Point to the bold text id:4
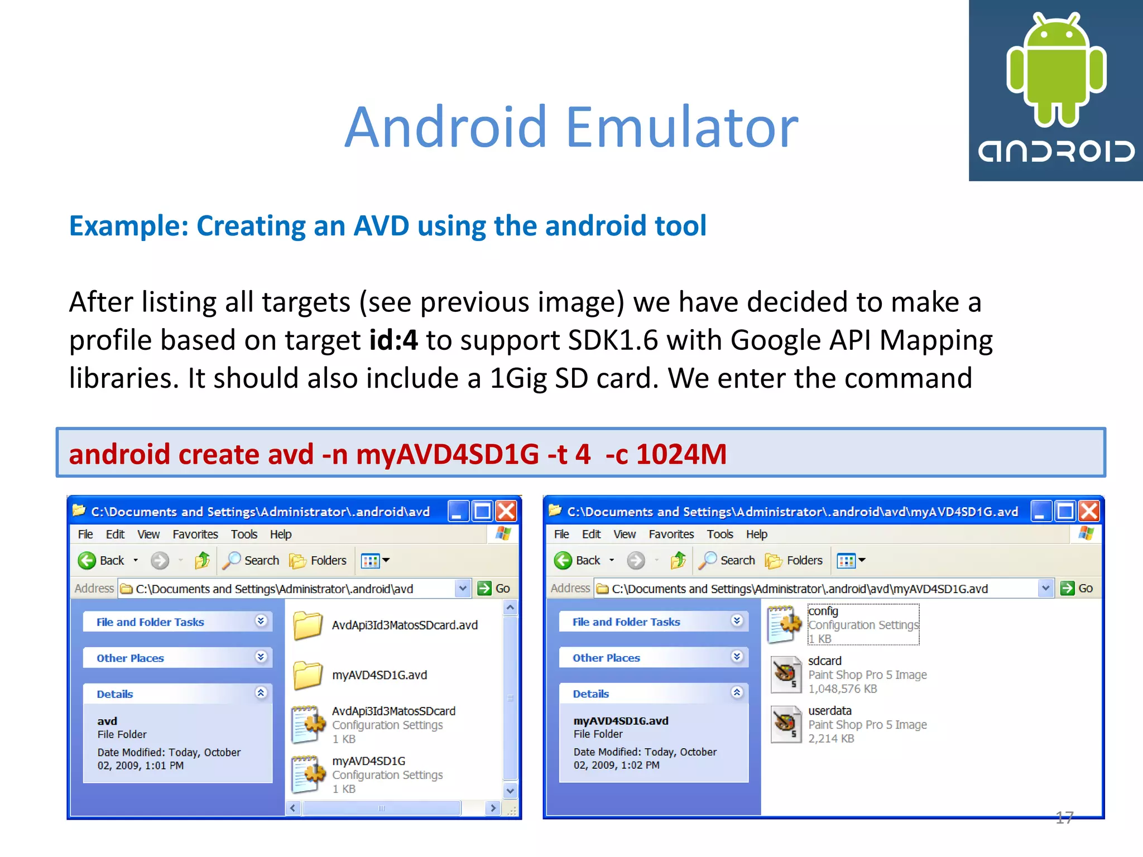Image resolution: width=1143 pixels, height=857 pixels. pos(393,340)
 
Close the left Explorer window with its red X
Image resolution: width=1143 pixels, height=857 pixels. pos(506,511)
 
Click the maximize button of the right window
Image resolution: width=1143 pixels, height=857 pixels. pos(1065,511)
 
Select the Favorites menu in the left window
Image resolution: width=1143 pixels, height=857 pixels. pos(195,535)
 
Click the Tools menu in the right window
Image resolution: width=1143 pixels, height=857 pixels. pos(719,535)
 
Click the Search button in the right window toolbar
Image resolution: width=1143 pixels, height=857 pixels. pos(728,560)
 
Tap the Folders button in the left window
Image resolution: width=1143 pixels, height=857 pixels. pos(319,560)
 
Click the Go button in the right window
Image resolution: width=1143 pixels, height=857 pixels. pos(1078,588)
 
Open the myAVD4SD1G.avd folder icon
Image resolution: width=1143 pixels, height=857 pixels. pos(308,675)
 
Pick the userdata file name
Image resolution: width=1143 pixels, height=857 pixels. pos(829,711)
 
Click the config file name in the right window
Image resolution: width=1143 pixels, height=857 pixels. pos(823,612)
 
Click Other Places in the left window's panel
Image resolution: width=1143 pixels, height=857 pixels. pos(130,658)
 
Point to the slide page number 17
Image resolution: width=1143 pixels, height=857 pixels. pos(1064,818)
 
